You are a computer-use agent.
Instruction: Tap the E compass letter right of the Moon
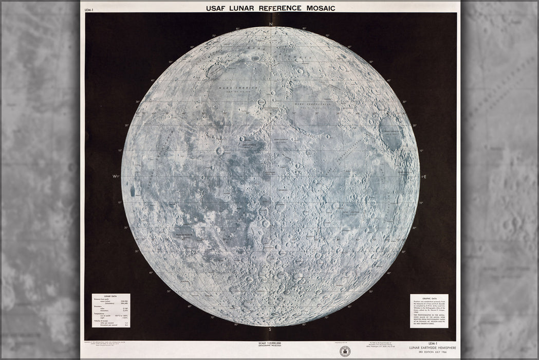point(425,177)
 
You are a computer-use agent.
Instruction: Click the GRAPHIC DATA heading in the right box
point(429,298)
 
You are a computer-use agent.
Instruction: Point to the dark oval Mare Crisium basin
point(393,133)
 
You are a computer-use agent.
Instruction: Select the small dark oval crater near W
point(133,191)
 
